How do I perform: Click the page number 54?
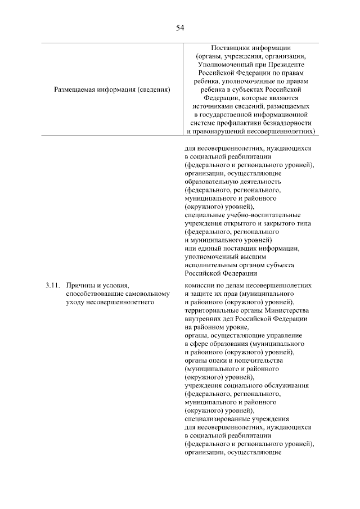pyautogui.click(x=180, y=27)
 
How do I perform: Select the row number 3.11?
pyautogui.click(x=52, y=286)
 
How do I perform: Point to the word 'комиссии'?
pyautogui.click(x=199, y=286)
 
